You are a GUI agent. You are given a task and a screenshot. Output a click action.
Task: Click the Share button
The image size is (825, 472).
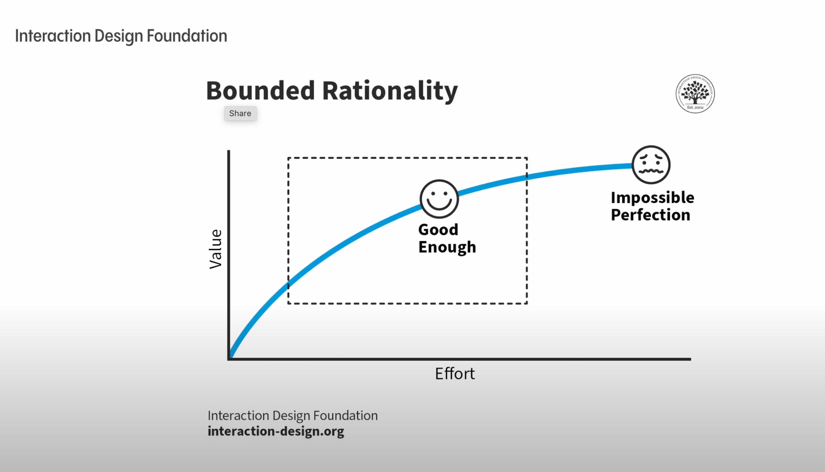coord(240,114)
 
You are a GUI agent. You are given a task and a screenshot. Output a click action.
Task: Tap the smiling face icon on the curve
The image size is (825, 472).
coord(439,199)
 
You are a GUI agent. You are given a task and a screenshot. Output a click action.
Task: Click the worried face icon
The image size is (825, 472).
coord(651,165)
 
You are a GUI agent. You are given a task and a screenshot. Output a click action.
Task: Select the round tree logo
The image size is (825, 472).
coord(695,94)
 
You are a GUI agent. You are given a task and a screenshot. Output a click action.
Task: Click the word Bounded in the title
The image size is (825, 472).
coord(260,91)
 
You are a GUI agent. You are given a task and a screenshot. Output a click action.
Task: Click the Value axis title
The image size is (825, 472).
coord(216,249)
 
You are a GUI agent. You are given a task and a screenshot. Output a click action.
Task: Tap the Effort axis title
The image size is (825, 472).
coord(455,374)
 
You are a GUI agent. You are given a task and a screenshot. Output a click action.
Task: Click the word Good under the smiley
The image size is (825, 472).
coord(438,230)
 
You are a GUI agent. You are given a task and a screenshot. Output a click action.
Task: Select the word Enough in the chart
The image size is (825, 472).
coord(447,247)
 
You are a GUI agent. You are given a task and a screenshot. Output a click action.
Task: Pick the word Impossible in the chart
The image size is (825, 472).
coord(652,198)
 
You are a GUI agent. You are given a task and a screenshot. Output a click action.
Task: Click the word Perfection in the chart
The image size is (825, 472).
coord(650,215)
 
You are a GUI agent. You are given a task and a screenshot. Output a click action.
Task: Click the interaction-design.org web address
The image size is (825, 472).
coord(276,431)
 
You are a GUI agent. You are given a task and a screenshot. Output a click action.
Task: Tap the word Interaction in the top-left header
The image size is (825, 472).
coord(53,36)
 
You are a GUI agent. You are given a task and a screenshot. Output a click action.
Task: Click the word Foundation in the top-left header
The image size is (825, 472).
coord(187,36)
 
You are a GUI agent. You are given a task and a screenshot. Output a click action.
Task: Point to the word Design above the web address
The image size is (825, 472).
coord(291,416)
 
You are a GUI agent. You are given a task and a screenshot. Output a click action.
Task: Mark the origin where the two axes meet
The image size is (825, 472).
coord(229,358)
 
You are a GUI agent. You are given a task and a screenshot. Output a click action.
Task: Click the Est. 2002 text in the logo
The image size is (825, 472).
coord(695,108)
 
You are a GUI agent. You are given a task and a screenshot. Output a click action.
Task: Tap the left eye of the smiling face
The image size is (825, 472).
coord(434,194)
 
